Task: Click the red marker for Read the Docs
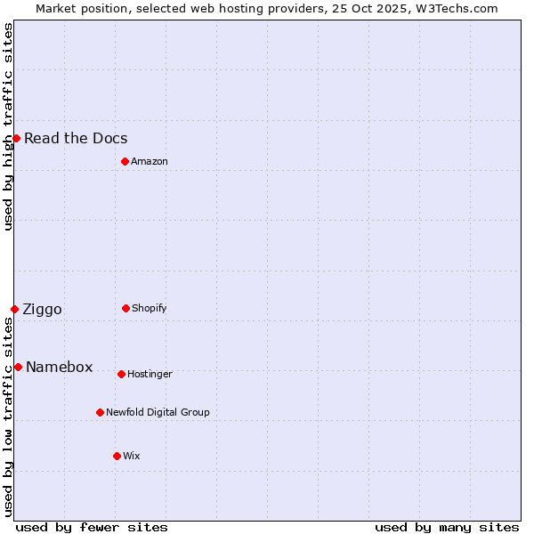coord(16,138)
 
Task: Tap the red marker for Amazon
coord(125,161)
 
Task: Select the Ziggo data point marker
coord(14,309)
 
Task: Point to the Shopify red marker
coord(125,308)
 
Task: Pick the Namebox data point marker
coord(18,367)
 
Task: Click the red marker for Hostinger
coord(121,374)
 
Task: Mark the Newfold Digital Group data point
coord(100,412)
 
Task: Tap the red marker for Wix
coord(117,456)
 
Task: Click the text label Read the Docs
coord(76,138)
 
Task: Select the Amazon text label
coord(150,161)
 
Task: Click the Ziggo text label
coord(42,309)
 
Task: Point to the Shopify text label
coord(150,308)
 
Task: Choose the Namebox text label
coord(60,367)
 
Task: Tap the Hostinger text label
coord(150,374)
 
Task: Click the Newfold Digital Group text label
coord(158,412)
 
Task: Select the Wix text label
coord(132,456)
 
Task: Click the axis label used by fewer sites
coord(92,527)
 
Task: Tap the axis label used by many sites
coord(447,527)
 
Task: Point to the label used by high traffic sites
coord(8,126)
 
